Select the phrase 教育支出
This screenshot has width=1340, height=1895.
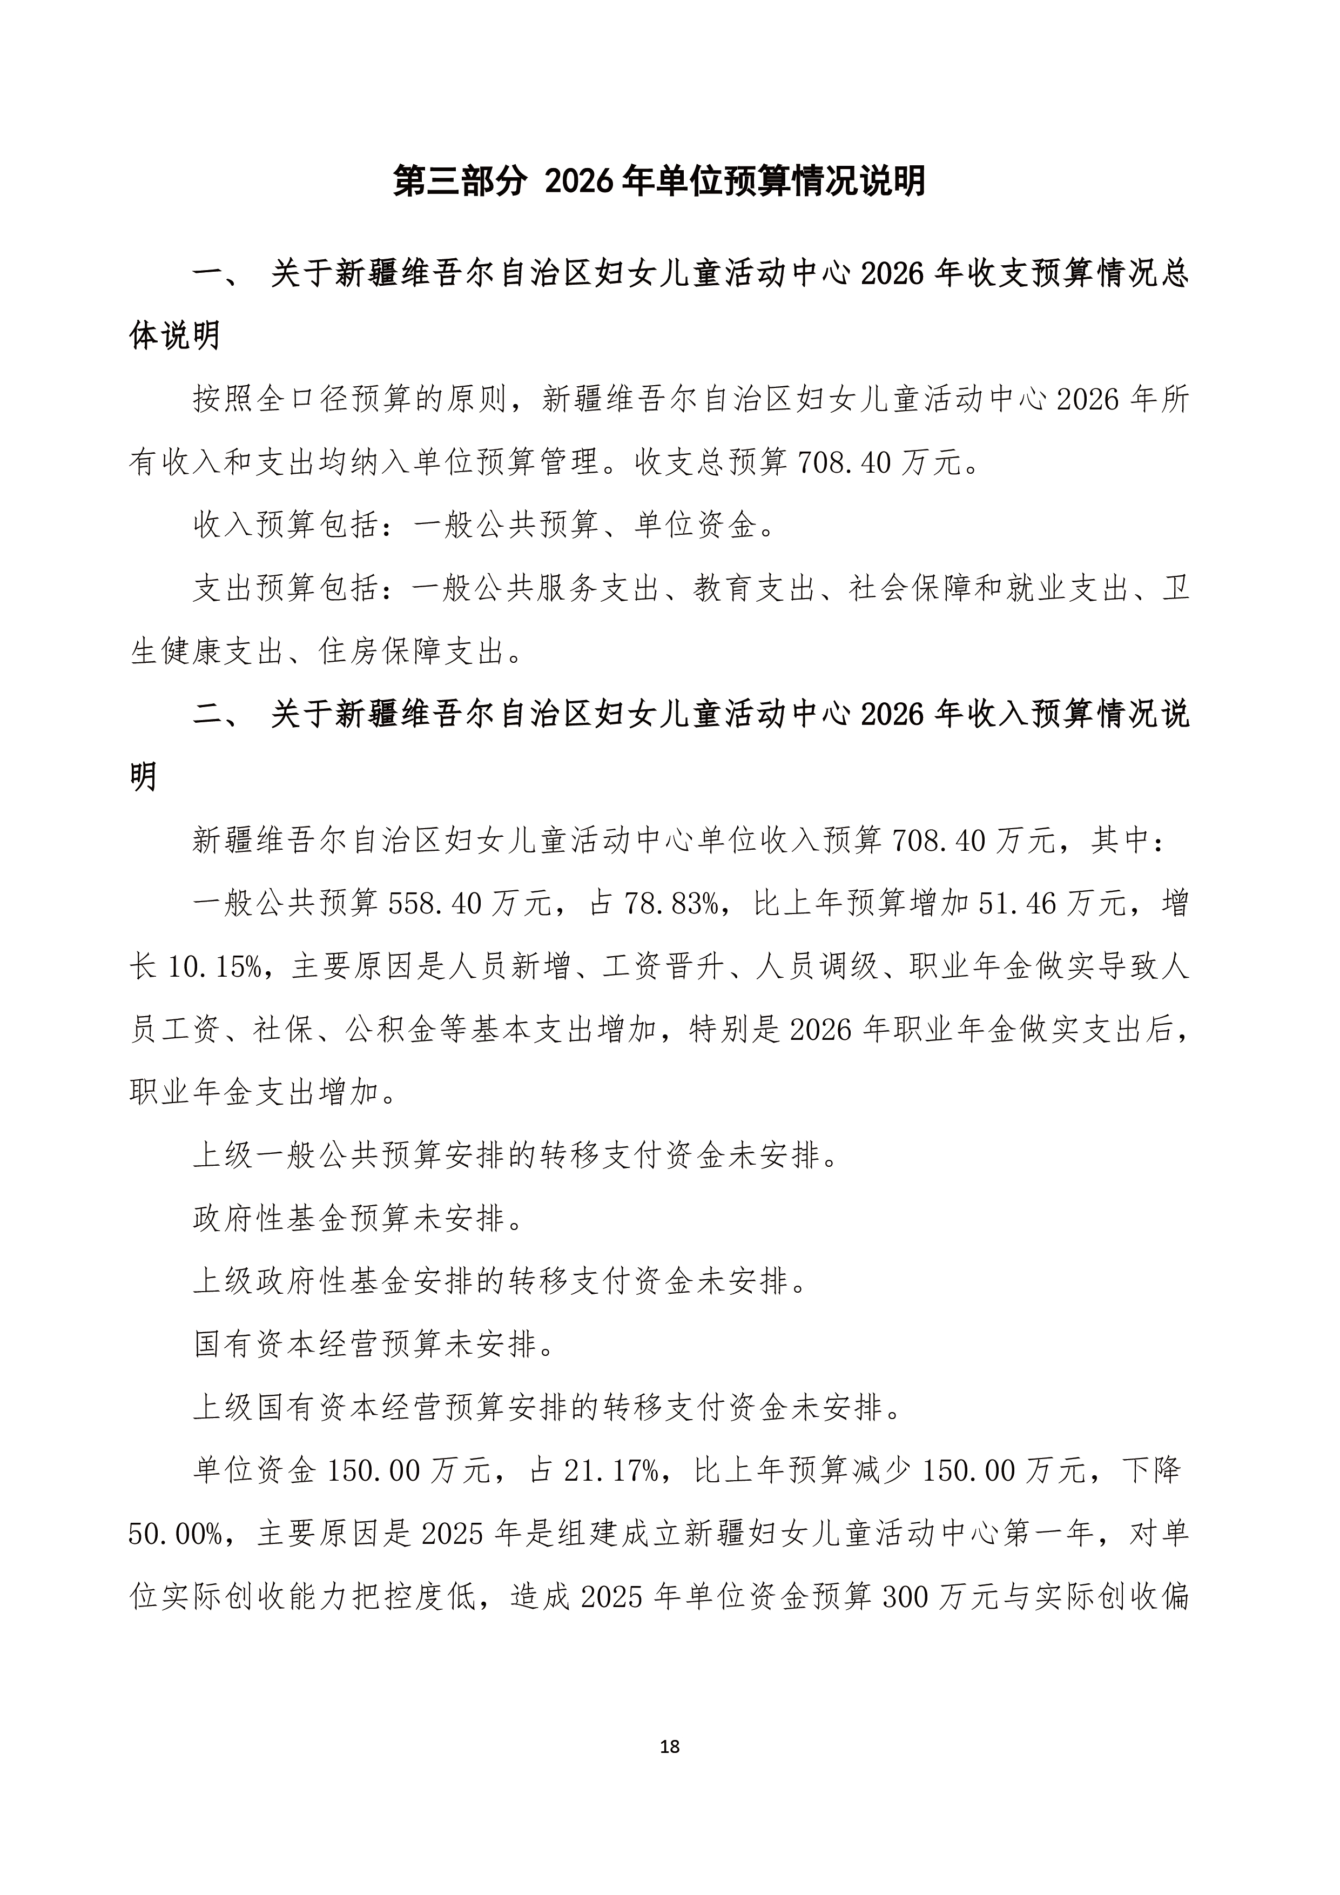click(x=754, y=588)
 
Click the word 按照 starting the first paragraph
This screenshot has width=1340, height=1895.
click(x=225, y=400)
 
